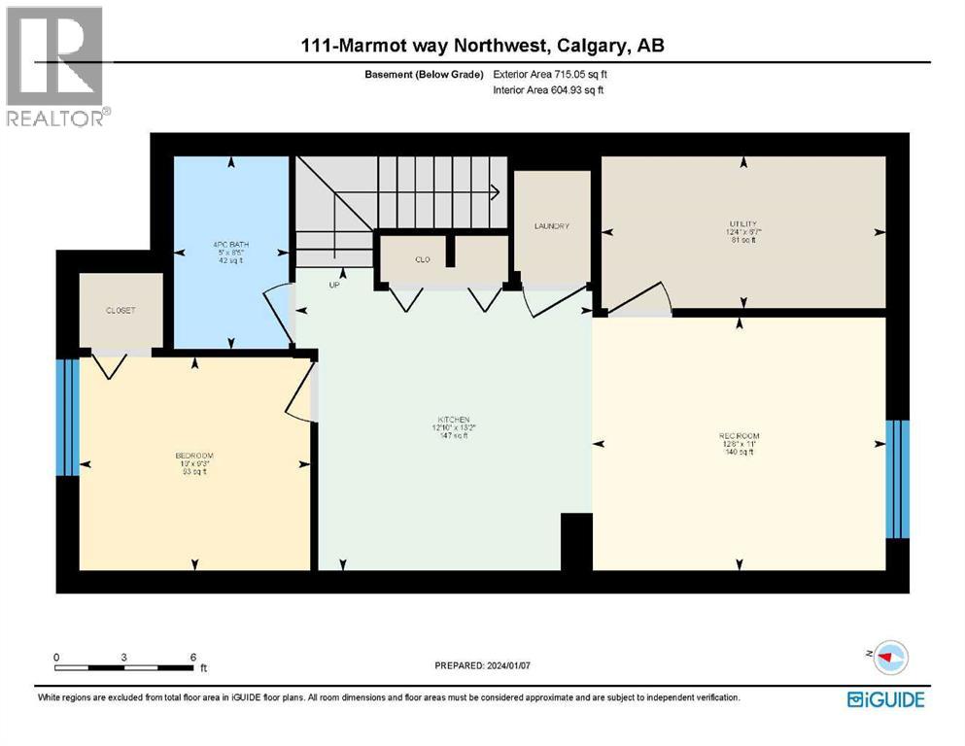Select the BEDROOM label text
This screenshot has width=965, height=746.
point(194,456)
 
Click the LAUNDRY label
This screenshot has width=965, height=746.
point(551,226)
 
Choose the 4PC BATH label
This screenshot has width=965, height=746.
point(230,245)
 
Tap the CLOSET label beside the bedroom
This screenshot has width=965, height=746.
point(121,311)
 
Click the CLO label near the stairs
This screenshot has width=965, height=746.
point(423,259)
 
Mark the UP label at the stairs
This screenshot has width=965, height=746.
point(332,286)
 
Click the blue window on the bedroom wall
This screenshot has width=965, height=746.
point(67,418)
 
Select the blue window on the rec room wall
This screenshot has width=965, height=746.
point(897,479)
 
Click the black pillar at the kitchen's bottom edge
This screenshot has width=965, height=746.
point(576,542)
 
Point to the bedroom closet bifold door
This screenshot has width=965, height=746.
point(109,365)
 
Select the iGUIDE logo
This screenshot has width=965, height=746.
point(885,699)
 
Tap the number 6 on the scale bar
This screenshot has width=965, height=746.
point(192,657)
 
